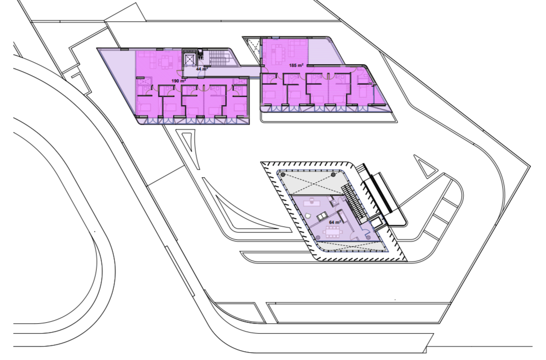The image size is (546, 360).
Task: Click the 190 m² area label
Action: (x=179, y=81)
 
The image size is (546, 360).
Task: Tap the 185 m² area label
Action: (x=297, y=65)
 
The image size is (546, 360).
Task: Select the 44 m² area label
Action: (x=202, y=69)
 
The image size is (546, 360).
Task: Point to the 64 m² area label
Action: (x=335, y=222)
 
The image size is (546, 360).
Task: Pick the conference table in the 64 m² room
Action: (x=332, y=232)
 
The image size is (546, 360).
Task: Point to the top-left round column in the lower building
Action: (x=283, y=174)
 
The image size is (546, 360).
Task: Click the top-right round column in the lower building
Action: (x=333, y=174)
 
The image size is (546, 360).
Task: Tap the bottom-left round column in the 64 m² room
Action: (x=319, y=237)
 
